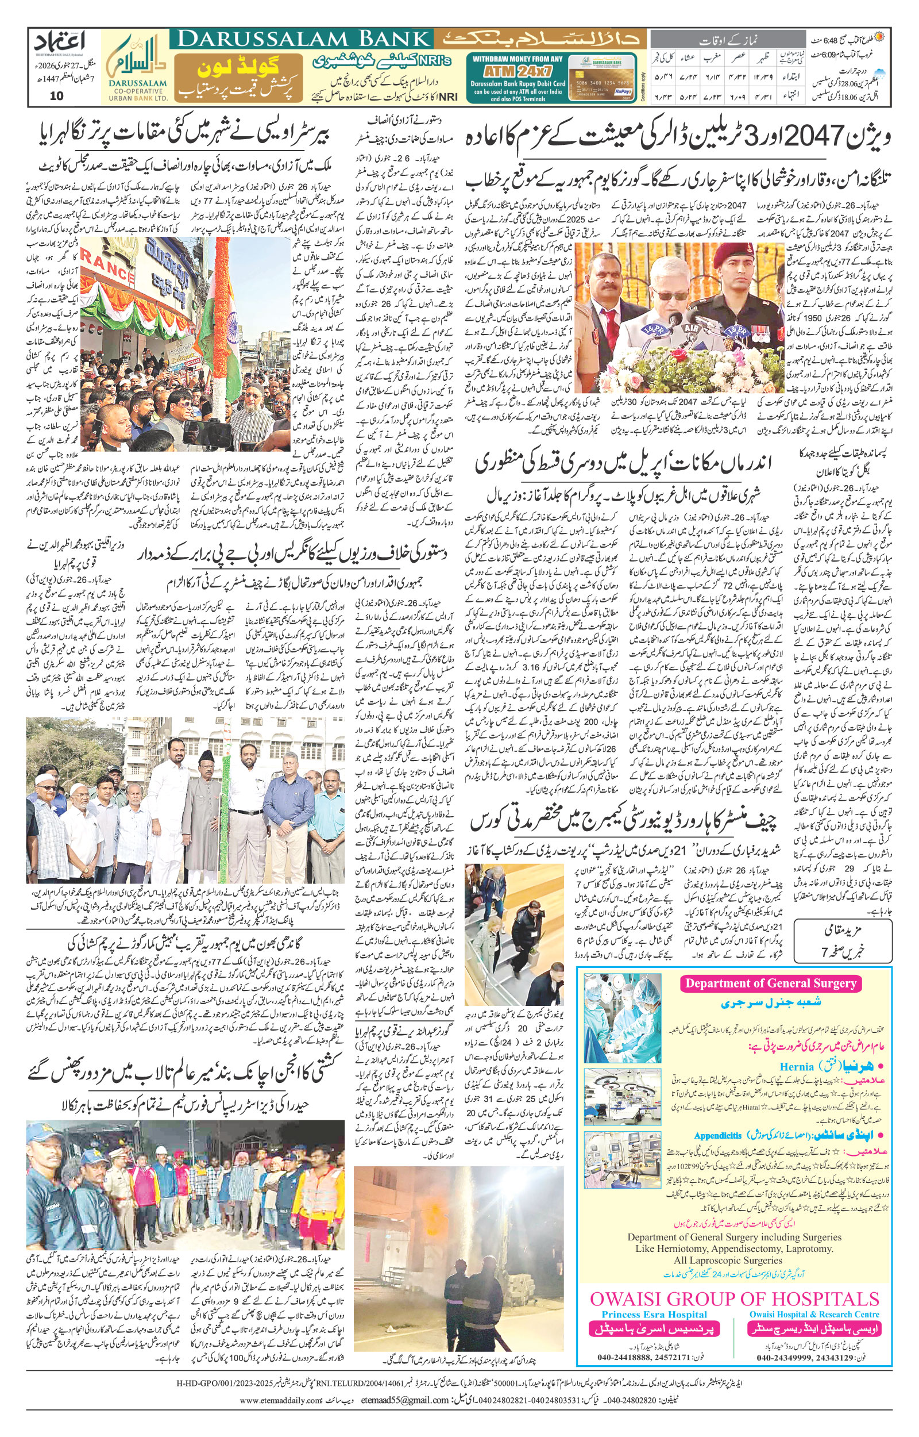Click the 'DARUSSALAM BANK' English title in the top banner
pos(303,40)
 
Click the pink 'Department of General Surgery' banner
pos(770,984)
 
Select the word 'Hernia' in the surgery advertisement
pos(796,1067)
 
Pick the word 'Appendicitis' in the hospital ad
pos(717,1135)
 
